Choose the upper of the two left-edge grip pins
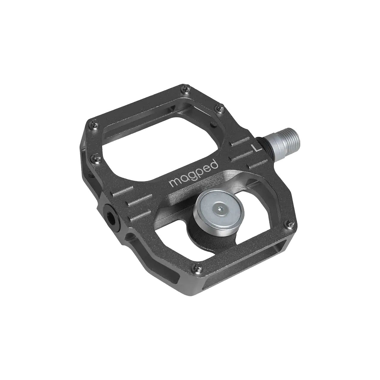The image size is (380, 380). (94, 121)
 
